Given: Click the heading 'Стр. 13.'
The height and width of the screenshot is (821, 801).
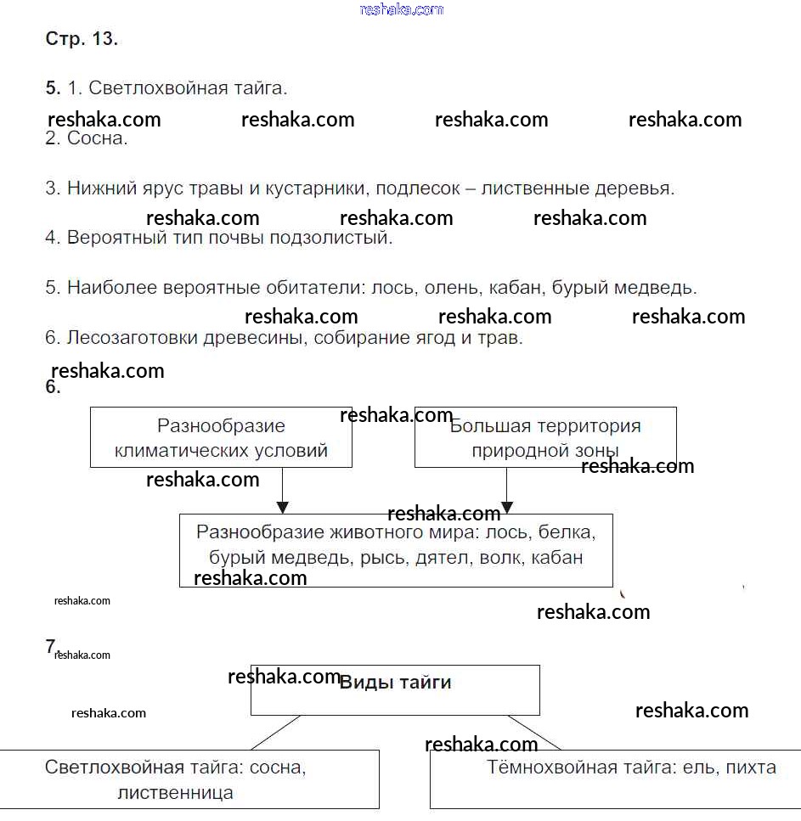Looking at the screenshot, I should click(x=82, y=39).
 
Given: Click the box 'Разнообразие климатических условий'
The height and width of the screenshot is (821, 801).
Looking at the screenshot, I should click(x=221, y=437).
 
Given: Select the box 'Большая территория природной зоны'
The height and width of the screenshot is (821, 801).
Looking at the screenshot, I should click(x=545, y=437).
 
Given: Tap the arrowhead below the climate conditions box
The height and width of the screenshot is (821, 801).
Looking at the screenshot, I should click(x=283, y=507).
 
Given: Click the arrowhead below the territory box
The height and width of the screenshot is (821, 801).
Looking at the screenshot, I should click(x=507, y=507).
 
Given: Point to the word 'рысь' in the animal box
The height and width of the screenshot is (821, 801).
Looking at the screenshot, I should click(x=381, y=558).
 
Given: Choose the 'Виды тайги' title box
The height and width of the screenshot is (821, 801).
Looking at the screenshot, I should click(x=395, y=689).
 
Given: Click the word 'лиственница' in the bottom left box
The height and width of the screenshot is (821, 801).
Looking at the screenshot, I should click(x=175, y=793).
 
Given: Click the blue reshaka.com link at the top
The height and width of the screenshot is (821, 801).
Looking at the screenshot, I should click(x=401, y=9).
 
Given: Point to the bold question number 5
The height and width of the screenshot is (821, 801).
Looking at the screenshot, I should click(x=53, y=87).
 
